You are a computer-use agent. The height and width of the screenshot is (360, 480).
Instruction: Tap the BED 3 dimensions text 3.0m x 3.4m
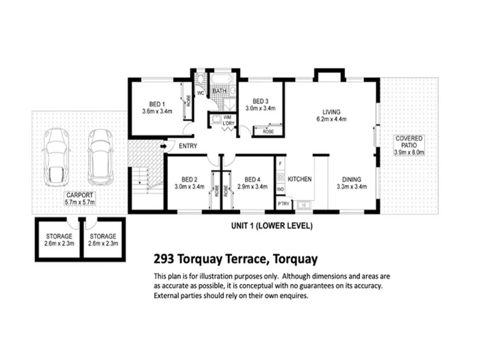click(x=260, y=108)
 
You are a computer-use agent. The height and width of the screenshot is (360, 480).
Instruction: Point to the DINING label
click(x=352, y=179)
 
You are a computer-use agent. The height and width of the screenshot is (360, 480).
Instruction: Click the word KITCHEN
click(x=300, y=179)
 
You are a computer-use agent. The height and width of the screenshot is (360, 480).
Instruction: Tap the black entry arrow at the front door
click(x=163, y=147)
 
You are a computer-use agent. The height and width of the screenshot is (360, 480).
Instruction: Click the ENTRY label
click(x=188, y=146)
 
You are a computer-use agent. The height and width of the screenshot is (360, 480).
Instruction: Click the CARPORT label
click(x=80, y=195)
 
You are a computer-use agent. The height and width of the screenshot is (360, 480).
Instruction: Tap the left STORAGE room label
click(x=59, y=236)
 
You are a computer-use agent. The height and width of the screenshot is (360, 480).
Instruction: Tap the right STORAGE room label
click(x=103, y=236)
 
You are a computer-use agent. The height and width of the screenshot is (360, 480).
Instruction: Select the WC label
click(x=201, y=93)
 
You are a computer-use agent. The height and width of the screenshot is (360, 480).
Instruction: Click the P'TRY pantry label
click(x=284, y=204)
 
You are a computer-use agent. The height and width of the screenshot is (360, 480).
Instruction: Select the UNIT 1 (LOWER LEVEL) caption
click(x=272, y=226)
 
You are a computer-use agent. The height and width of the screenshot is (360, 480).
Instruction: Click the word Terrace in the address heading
click(x=241, y=259)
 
